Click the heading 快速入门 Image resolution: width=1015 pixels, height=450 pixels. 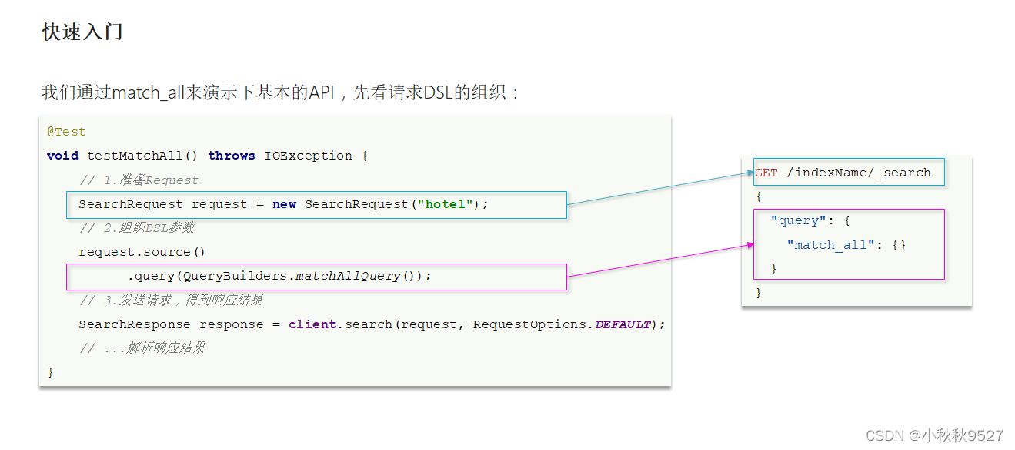click(x=82, y=32)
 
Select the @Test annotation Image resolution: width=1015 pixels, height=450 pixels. click(x=66, y=132)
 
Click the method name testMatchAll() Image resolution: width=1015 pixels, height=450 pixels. click(x=142, y=156)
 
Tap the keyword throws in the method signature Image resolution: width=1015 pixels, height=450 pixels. click(x=231, y=156)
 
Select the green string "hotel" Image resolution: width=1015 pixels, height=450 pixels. click(x=444, y=204)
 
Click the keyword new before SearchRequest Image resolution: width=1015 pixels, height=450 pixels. click(x=284, y=204)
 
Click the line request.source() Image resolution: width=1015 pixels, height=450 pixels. click(x=142, y=252)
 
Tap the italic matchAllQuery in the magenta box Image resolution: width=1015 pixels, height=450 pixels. click(x=348, y=276)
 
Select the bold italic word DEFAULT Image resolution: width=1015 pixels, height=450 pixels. click(x=623, y=324)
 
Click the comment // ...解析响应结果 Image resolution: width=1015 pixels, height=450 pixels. click(x=142, y=348)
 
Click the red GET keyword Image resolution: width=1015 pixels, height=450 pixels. click(x=766, y=173)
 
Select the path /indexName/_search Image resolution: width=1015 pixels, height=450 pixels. click(x=859, y=173)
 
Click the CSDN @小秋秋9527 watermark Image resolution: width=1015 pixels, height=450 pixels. click(x=934, y=435)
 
